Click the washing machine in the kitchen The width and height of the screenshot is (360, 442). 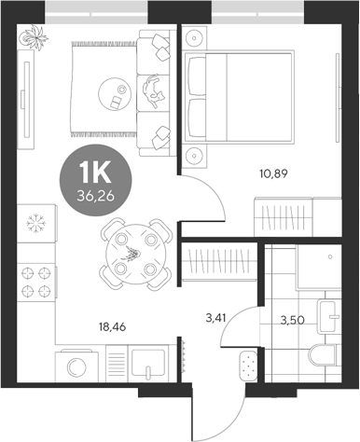pos(79,366)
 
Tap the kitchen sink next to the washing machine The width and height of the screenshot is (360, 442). pos(147,365)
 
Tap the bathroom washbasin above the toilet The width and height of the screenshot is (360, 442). pos(326,316)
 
